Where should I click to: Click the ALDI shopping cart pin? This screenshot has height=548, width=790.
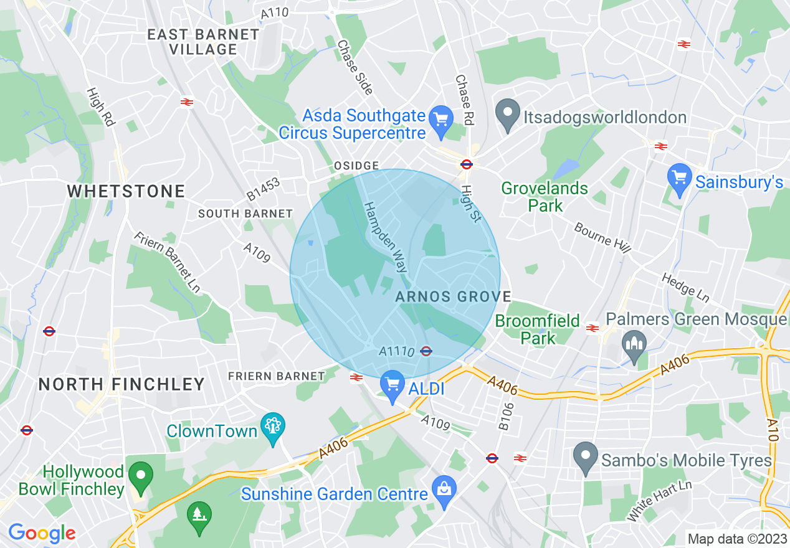393,385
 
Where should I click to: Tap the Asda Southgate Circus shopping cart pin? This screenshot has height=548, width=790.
441,118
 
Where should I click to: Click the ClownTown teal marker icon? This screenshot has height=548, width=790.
273,427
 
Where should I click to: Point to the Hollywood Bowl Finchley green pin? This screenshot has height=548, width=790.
141,476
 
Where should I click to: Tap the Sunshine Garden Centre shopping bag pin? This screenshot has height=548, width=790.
444,490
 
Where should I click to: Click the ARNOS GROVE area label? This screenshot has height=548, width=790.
453,297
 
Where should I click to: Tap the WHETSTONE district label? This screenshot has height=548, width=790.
126,191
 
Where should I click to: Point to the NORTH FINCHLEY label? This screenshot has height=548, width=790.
121,384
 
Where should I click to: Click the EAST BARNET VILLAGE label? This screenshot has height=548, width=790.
202,42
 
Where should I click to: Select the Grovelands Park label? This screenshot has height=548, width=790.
545,197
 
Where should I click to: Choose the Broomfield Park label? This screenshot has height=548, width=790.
539,330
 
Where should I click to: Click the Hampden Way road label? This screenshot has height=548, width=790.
386,237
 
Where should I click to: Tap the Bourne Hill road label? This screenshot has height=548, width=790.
602,237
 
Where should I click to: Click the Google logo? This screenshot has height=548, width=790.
42,533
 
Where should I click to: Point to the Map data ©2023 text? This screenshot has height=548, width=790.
736,538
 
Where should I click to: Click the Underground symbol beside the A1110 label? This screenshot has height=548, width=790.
426,351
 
